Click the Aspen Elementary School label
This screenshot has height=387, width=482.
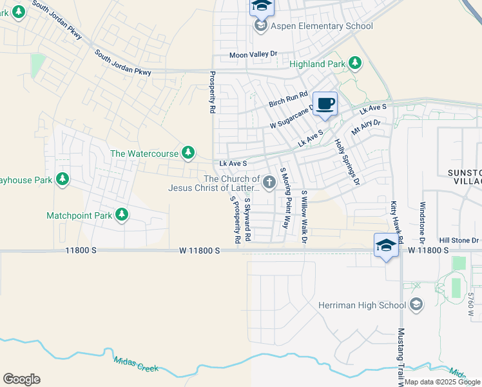(322, 26)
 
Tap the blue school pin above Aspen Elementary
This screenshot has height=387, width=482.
(261, 6)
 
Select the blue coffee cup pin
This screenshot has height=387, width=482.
(325, 104)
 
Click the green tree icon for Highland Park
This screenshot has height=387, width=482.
(354, 63)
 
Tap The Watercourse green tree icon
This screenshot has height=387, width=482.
(188, 153)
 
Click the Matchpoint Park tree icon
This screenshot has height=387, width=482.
(120, 215)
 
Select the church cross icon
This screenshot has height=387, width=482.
(269, 183)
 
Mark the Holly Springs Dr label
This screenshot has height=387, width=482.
(346, 162)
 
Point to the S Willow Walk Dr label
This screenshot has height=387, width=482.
(304, 217)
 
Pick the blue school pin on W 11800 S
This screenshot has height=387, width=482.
(385, 245)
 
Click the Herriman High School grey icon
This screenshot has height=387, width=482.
(416, 304)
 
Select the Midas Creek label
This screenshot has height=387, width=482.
(135, 364)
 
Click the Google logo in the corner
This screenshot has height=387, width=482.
(21, 379)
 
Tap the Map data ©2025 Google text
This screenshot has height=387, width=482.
(441, 382)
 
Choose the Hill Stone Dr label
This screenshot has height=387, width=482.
(459, 239)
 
